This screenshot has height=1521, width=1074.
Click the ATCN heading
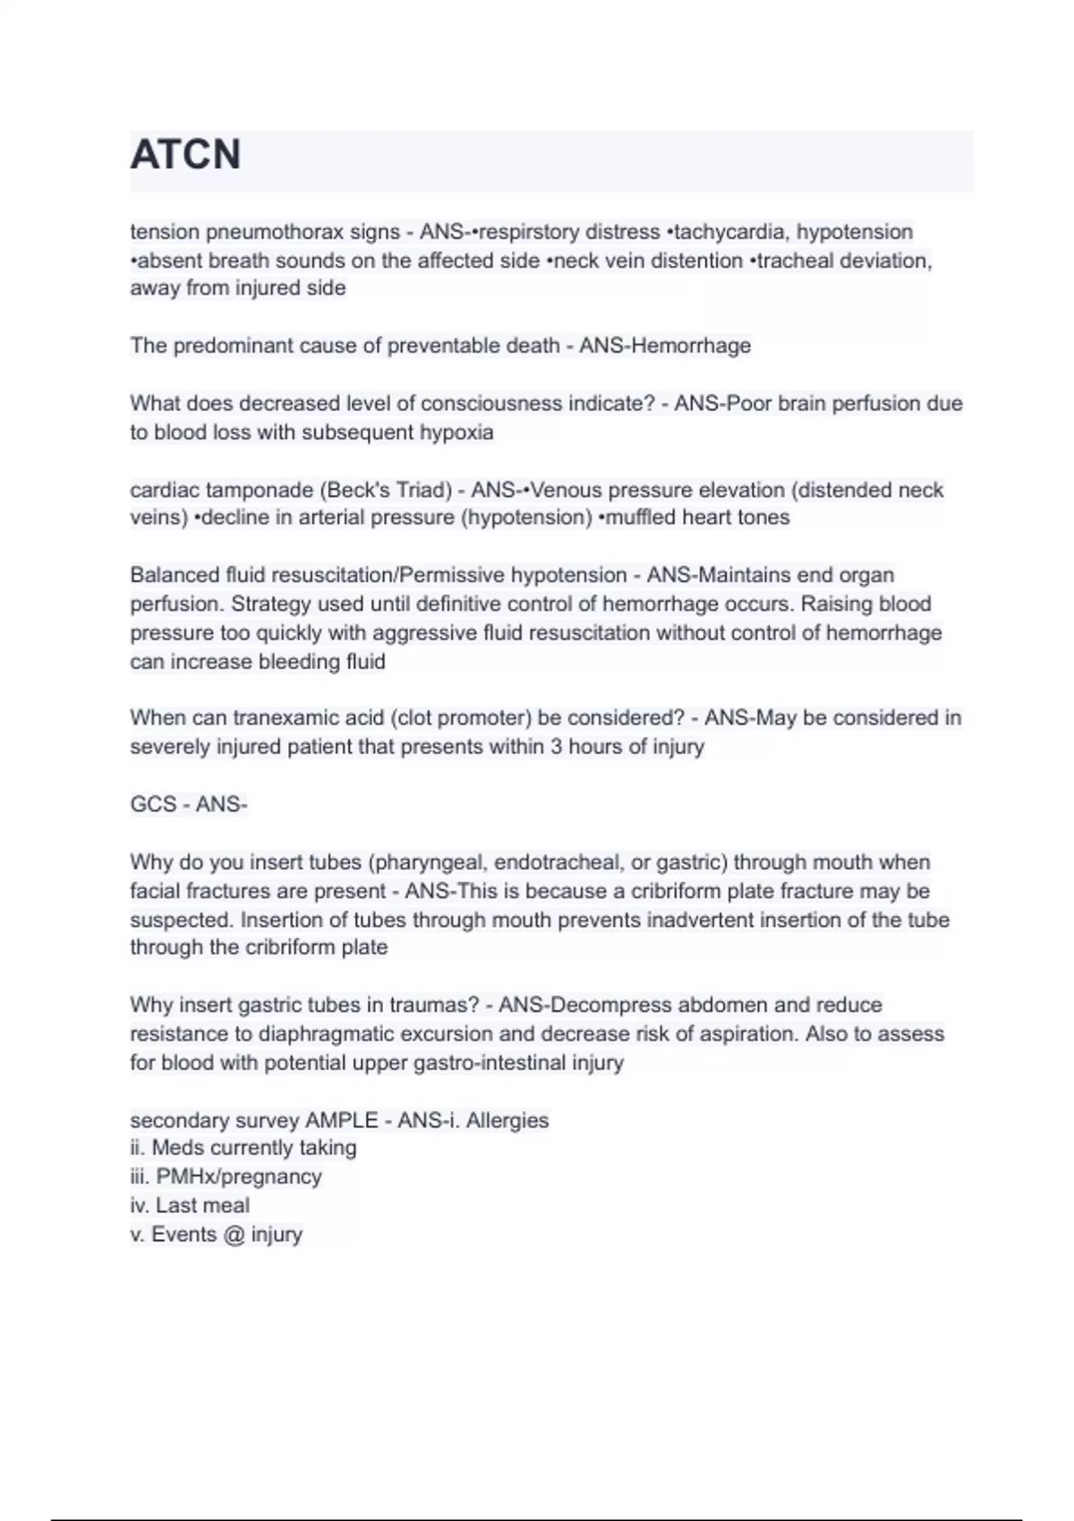point(185,154)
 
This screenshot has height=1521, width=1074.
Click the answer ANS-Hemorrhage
point(665,345)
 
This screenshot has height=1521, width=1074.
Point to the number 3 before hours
point(556,746)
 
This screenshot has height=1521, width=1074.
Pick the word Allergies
point(507,1120)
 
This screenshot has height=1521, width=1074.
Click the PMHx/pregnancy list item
point(238,1177)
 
